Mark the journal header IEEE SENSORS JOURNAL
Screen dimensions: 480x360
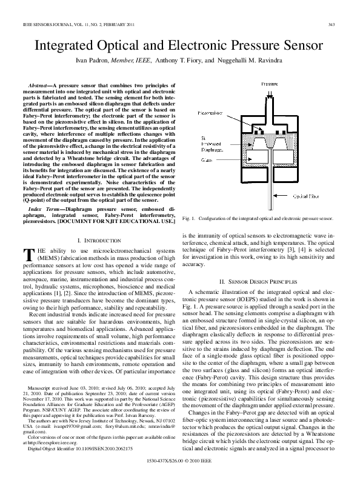pos(43,24)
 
